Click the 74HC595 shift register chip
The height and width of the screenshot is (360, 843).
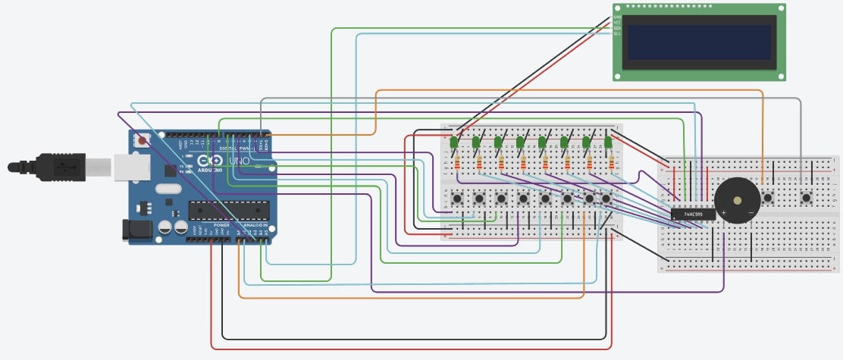pyautogui.click(x=693, y=214)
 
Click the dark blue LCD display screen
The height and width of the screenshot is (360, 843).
pyautogui.click(x=699, y=42)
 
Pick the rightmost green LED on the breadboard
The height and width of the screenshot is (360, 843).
pyautogui.click(x=608, y=142)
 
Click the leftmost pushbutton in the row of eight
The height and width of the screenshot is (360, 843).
pyautogui.click(x=457, y=199)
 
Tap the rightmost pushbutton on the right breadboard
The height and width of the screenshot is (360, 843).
pyautogui.click(x=806, y=199)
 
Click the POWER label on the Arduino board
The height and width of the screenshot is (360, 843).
pyautogui.click(x=222, y=225)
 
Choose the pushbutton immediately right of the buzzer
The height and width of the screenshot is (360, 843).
pyautogui.click(x=768, y=199)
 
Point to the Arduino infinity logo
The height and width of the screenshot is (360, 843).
pyautogui.click(x=205, y=161)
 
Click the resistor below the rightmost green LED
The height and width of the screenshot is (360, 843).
pyautogui.click(x=611, y=162)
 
